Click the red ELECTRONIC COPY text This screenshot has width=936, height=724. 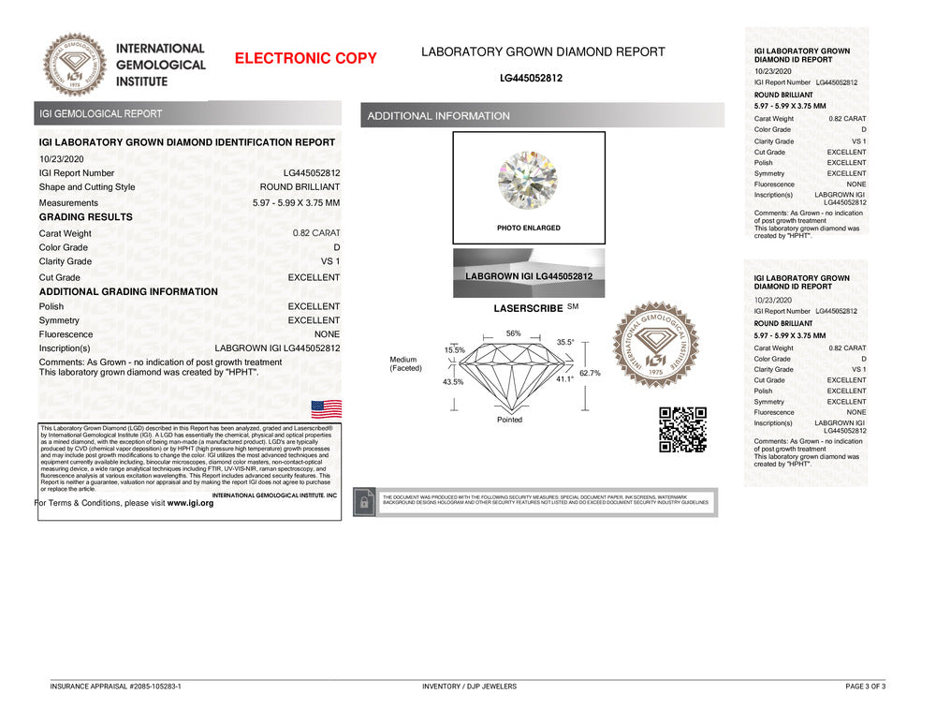(305, 58)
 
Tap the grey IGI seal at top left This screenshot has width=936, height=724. (76, 65)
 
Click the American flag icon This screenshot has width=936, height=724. (327, 408)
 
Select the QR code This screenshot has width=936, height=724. (682, 430)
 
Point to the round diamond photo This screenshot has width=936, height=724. (528, 180)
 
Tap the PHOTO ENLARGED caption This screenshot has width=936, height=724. (529, 228)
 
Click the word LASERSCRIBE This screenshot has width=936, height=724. (528, 308)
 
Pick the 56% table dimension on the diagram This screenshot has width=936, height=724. (513, 333)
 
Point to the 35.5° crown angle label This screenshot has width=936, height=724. (565, 343)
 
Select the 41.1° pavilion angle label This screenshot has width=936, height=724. (564, 379)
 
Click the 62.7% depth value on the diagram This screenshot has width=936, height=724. (590, 373)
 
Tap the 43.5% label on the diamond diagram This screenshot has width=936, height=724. (453, 382)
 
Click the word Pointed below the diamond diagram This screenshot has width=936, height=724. (510, 420)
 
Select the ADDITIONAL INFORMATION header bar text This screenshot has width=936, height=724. (439, 116)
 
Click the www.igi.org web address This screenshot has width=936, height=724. (190, 503)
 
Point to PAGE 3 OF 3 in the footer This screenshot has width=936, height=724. (865, 687)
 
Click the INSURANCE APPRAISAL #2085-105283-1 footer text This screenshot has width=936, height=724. (116, 687)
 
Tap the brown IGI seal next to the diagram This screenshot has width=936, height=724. (655, 345)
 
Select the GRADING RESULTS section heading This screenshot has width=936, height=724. (86, 217)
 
